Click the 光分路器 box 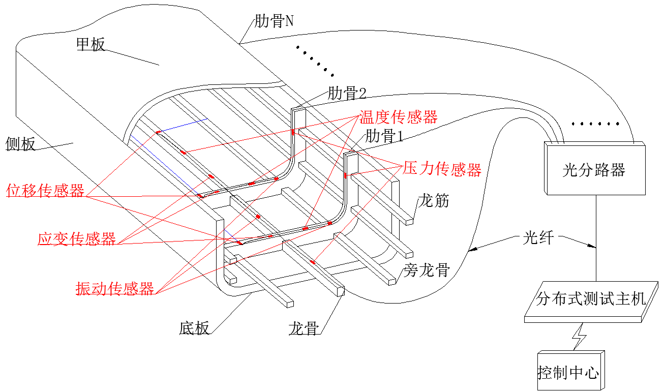coord(595,168)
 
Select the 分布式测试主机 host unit coord(591,301)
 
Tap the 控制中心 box coord(571,371)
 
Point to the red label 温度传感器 coord(399,117)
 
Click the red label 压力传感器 coord(442,170)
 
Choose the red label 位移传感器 coord(45,191)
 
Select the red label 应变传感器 coord(77,239)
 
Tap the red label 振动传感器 coord(115,288)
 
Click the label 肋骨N coord(274,21)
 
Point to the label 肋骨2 coord(347,93)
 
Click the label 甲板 coord(90,45)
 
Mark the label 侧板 coord(20,144)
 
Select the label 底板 coord(194,328)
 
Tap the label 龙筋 coord(434,200)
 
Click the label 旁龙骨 coord(427,270)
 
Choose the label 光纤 coord(538,237)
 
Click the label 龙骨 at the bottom coord(304,328)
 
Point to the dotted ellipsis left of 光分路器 coord(595,124)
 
